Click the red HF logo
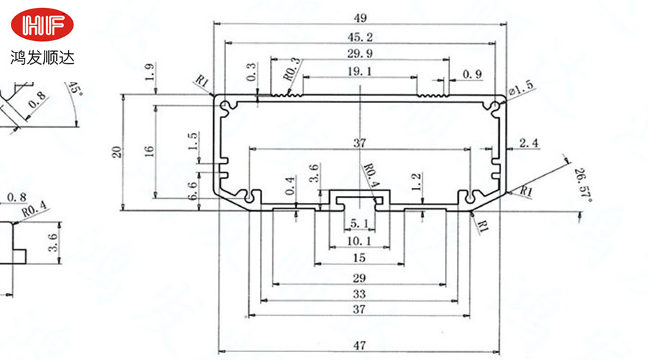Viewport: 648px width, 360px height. (x=42, y=25)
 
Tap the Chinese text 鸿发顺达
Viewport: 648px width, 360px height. (x=42, y=56)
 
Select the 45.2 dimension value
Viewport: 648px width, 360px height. (x=359, y=37)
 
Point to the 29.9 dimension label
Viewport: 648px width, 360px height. (x=359, y=54)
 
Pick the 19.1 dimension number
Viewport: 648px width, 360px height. (x=359, y=71)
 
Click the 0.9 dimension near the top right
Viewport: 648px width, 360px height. (x=472, y=73)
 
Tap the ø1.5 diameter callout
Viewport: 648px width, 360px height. (x=521, y=89)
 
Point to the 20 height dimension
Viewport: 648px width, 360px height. (x=117, y=152)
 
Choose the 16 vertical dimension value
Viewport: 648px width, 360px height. (x=149, y=151)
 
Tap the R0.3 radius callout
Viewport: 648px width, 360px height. (x=292, y=68)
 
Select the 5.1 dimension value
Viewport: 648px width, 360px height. (x=359, y=222)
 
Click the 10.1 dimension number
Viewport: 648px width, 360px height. (x=359, y=240)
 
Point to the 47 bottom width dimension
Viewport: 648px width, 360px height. (x=359, y=346)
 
